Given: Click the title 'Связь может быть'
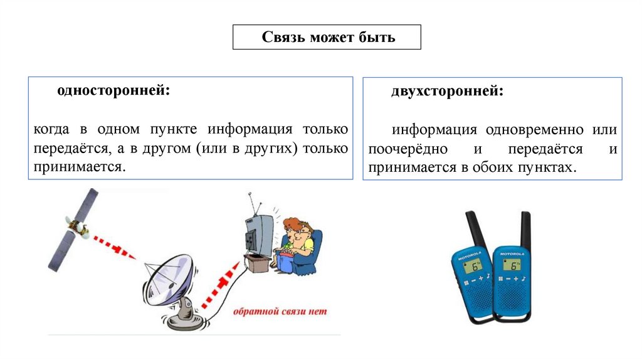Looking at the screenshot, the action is (328, 37).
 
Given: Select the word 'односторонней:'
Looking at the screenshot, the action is (113, 90).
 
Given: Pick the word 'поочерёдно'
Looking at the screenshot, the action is (408, 149).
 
